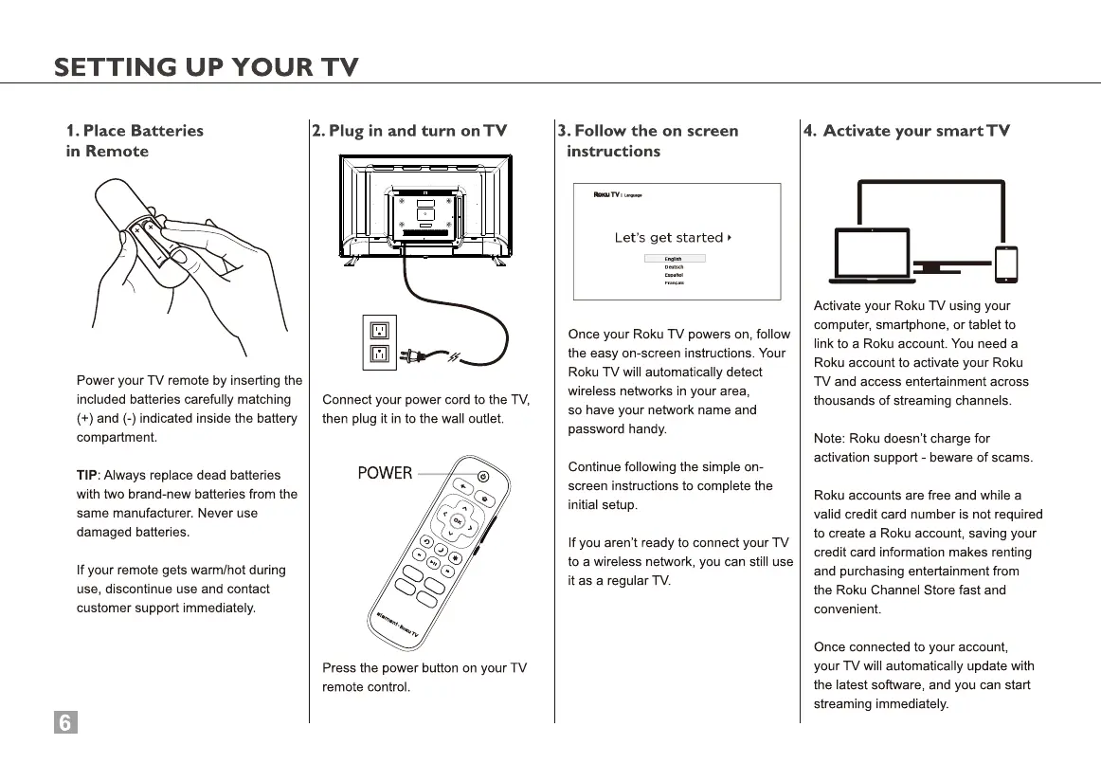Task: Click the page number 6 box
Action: click(64, 722)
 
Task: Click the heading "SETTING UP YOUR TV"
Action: click(207, 67)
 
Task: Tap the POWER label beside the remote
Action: click(384, 473)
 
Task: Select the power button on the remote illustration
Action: click(483, 475)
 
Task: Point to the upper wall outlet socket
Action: click(379, 331)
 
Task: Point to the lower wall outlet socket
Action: click(379, 355)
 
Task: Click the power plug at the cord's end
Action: click(411, 356)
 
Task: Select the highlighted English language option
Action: click(674, 258)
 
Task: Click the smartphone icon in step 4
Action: click(1005, 264)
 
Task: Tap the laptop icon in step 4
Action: click(873, 256)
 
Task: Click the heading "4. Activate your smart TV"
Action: click(907, 131)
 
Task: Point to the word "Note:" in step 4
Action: click(830, 438)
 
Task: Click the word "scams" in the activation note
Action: click(1010, 457)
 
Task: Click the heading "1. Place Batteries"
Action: click(135, 131)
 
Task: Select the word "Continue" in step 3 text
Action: click(595, 466)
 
